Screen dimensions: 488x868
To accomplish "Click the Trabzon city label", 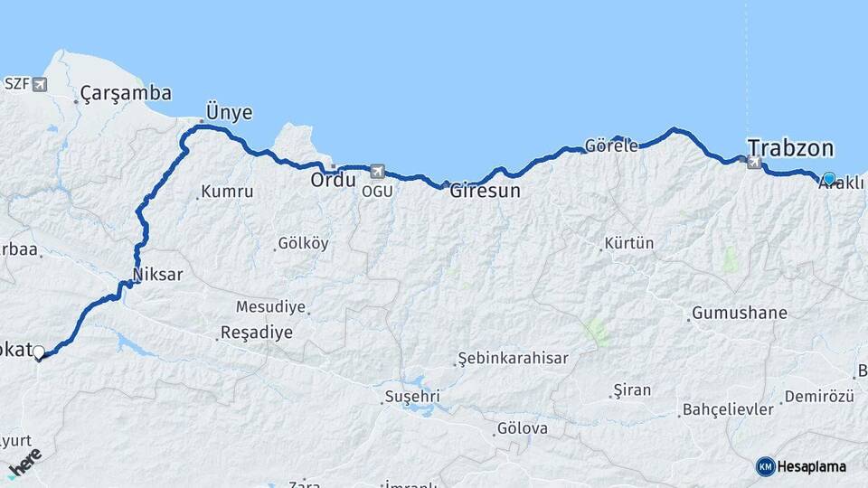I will tap(790, 148).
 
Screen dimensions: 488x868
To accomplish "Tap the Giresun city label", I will tap(486, 192).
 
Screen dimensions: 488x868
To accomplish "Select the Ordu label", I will tap(333, 179).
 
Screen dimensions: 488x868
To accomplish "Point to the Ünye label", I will tap(229, 112).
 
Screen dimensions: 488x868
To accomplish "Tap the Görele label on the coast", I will tap(611, 145).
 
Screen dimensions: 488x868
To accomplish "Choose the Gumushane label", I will tap(739, 314).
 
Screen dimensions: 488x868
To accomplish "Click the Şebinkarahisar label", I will tap(513, 358).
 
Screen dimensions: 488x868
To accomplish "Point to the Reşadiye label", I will tap(258, 333).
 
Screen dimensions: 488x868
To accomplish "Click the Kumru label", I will tap(226, 192).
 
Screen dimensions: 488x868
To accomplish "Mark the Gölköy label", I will tap(303, 243).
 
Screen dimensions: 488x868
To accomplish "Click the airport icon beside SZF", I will tap(39, 84).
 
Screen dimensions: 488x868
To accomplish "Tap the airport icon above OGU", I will tap(377, 171).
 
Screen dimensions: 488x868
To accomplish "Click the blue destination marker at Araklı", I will tap(829, 178).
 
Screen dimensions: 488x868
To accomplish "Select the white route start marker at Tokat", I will tap(39, 352).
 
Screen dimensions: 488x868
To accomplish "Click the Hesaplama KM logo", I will tap(801, 466).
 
